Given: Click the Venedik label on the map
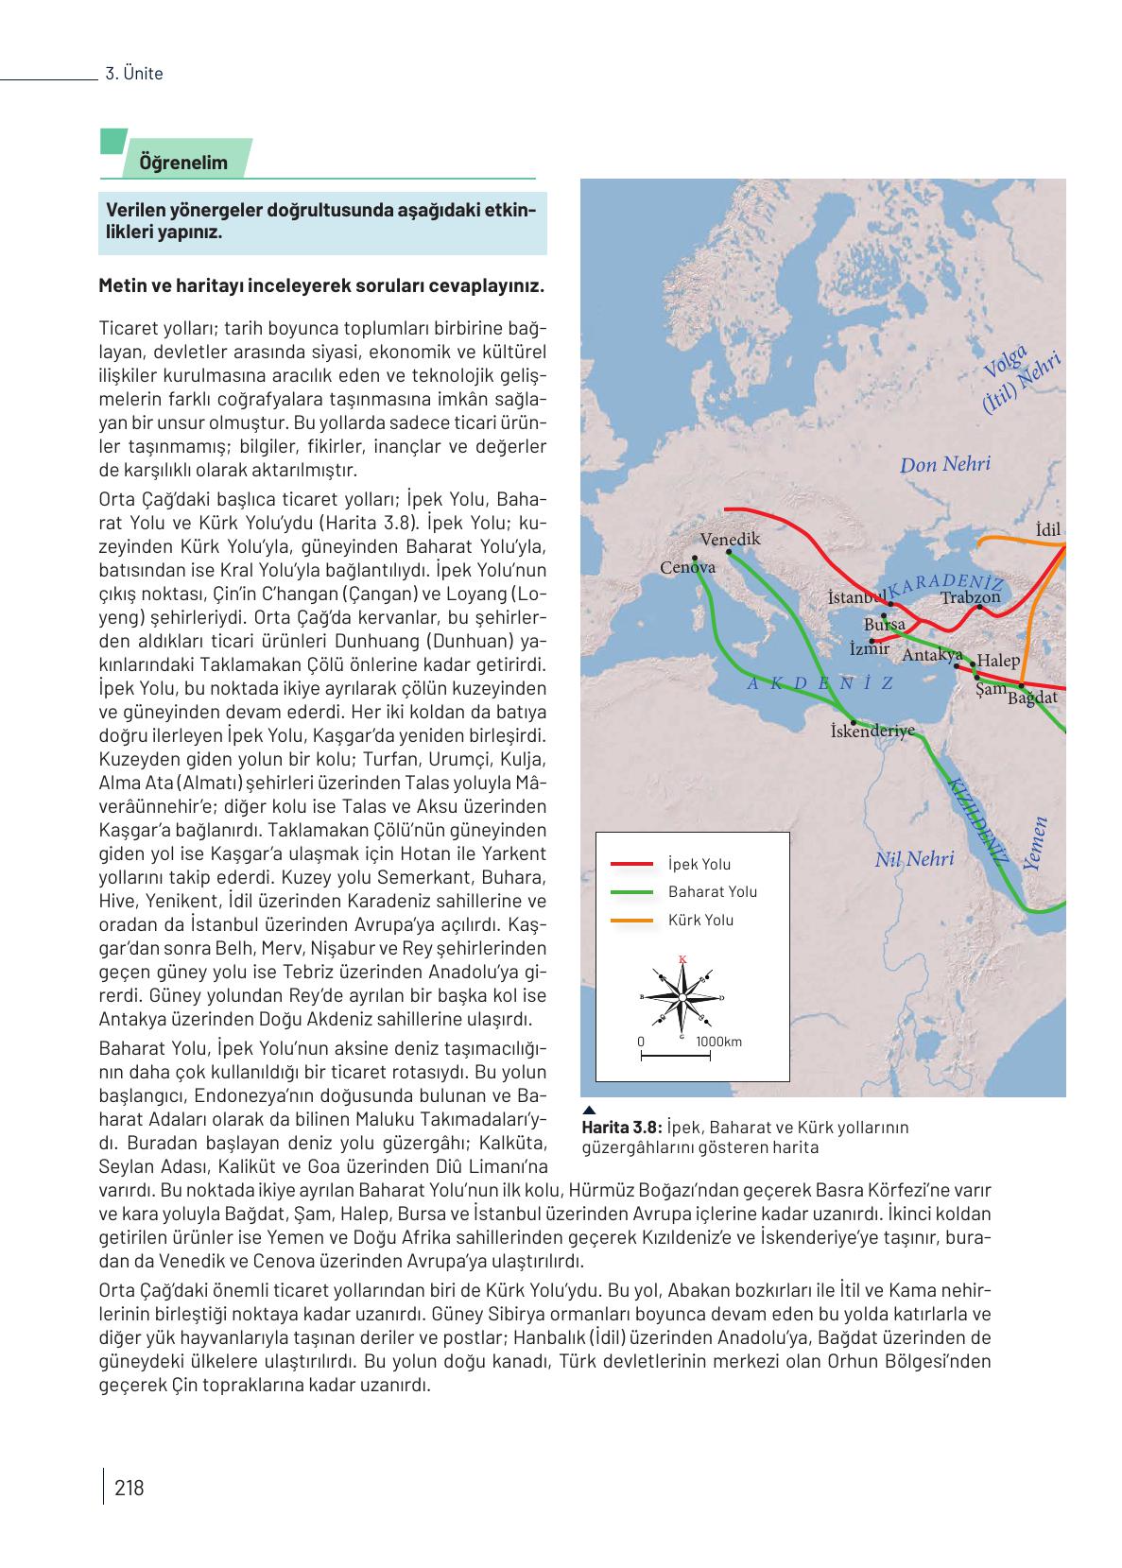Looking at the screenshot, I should click(730, 539).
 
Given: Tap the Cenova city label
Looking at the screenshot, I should click(687, 567).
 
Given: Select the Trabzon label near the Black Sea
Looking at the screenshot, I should click(970, 597).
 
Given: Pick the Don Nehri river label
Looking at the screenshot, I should click(944, 464).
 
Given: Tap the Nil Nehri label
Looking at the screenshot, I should click(914, 859).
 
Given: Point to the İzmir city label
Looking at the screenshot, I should click(869, 648).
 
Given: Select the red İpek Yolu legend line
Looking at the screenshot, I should click(632, 864).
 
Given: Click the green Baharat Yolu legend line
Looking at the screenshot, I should click(632, 891).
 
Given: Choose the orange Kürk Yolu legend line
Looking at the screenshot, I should click(632, 920).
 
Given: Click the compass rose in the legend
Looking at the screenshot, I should click(682, 997).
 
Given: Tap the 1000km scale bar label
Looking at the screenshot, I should click(718, 1042).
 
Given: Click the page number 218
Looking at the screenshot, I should click(129, 1488).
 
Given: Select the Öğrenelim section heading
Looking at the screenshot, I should click(183, 163).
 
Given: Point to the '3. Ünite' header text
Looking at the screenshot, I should click(134, 74).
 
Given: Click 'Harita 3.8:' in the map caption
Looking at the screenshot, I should click(622, 1127).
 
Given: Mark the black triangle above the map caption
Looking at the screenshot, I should click(588, 1110).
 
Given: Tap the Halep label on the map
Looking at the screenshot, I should click(998, 661).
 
